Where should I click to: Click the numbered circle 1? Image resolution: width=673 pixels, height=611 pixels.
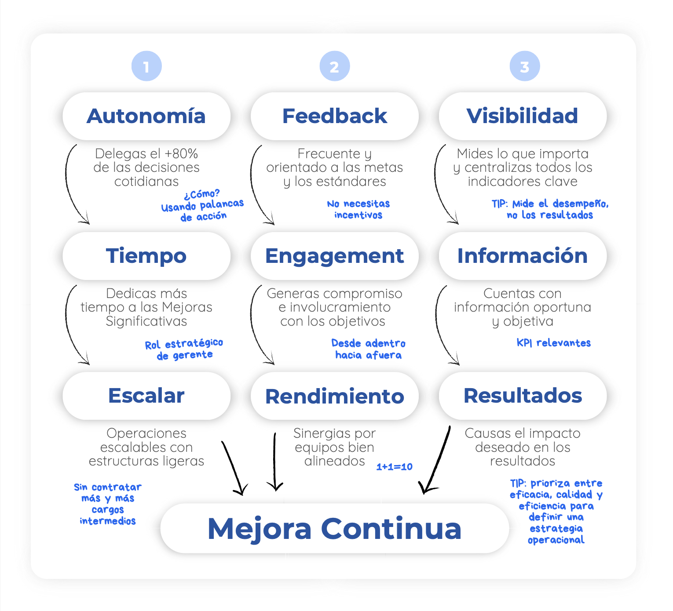coord(146,66)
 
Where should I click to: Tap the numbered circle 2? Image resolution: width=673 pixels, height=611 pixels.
coord(334,66)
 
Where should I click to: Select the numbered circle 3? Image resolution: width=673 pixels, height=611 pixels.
coord(525,66)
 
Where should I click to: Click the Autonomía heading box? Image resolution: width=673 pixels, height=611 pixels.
coord(146,116)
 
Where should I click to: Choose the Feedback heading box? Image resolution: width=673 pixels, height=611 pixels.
coord(334,116)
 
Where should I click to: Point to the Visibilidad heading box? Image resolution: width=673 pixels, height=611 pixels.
coord(523,116)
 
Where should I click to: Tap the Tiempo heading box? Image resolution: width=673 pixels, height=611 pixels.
coord(146,256)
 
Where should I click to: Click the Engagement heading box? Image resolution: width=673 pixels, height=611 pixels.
coord(334,256)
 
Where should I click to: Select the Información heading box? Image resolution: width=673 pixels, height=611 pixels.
coord(523,256)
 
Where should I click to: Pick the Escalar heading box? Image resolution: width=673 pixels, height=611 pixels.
coord(146,396)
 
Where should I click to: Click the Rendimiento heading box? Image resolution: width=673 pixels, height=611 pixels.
coord(334,396)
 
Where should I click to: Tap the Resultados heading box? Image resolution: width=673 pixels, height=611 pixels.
coord(523,396)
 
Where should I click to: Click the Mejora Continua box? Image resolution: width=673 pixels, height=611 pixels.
coord(334,528)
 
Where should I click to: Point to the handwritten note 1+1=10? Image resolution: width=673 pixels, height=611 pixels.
coord(394,466)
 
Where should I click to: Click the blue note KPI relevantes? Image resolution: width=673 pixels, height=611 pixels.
coord(553,343)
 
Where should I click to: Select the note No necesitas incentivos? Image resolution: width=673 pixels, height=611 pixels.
coord(358,209)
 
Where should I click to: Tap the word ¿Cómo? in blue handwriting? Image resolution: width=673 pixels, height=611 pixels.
coord(201,194)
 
